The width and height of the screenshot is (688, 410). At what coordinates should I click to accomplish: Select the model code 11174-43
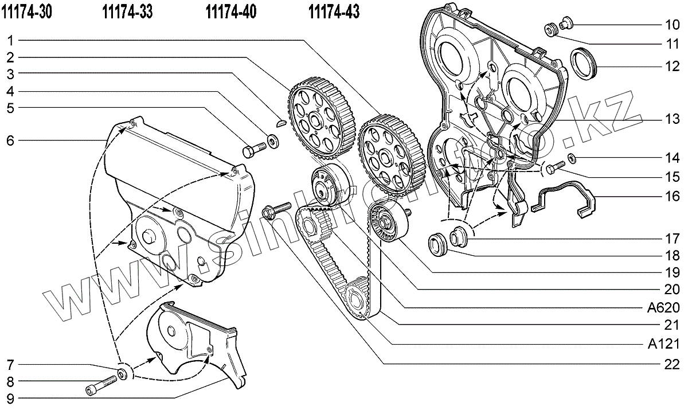point(334,11)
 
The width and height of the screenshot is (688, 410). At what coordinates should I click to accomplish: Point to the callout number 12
point(673,66)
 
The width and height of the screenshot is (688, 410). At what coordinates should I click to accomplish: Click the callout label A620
point(664,307)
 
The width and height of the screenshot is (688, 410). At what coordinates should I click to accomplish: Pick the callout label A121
point(665,344)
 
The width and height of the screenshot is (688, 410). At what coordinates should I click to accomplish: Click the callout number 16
point(673,196)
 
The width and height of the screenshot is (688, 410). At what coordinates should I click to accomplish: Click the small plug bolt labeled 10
point(566,24)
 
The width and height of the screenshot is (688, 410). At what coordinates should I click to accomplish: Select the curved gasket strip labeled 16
point(565,198)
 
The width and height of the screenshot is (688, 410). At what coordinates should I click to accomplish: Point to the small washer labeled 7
point(123,374)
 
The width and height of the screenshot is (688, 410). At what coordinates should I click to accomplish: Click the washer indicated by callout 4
point(272,139)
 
